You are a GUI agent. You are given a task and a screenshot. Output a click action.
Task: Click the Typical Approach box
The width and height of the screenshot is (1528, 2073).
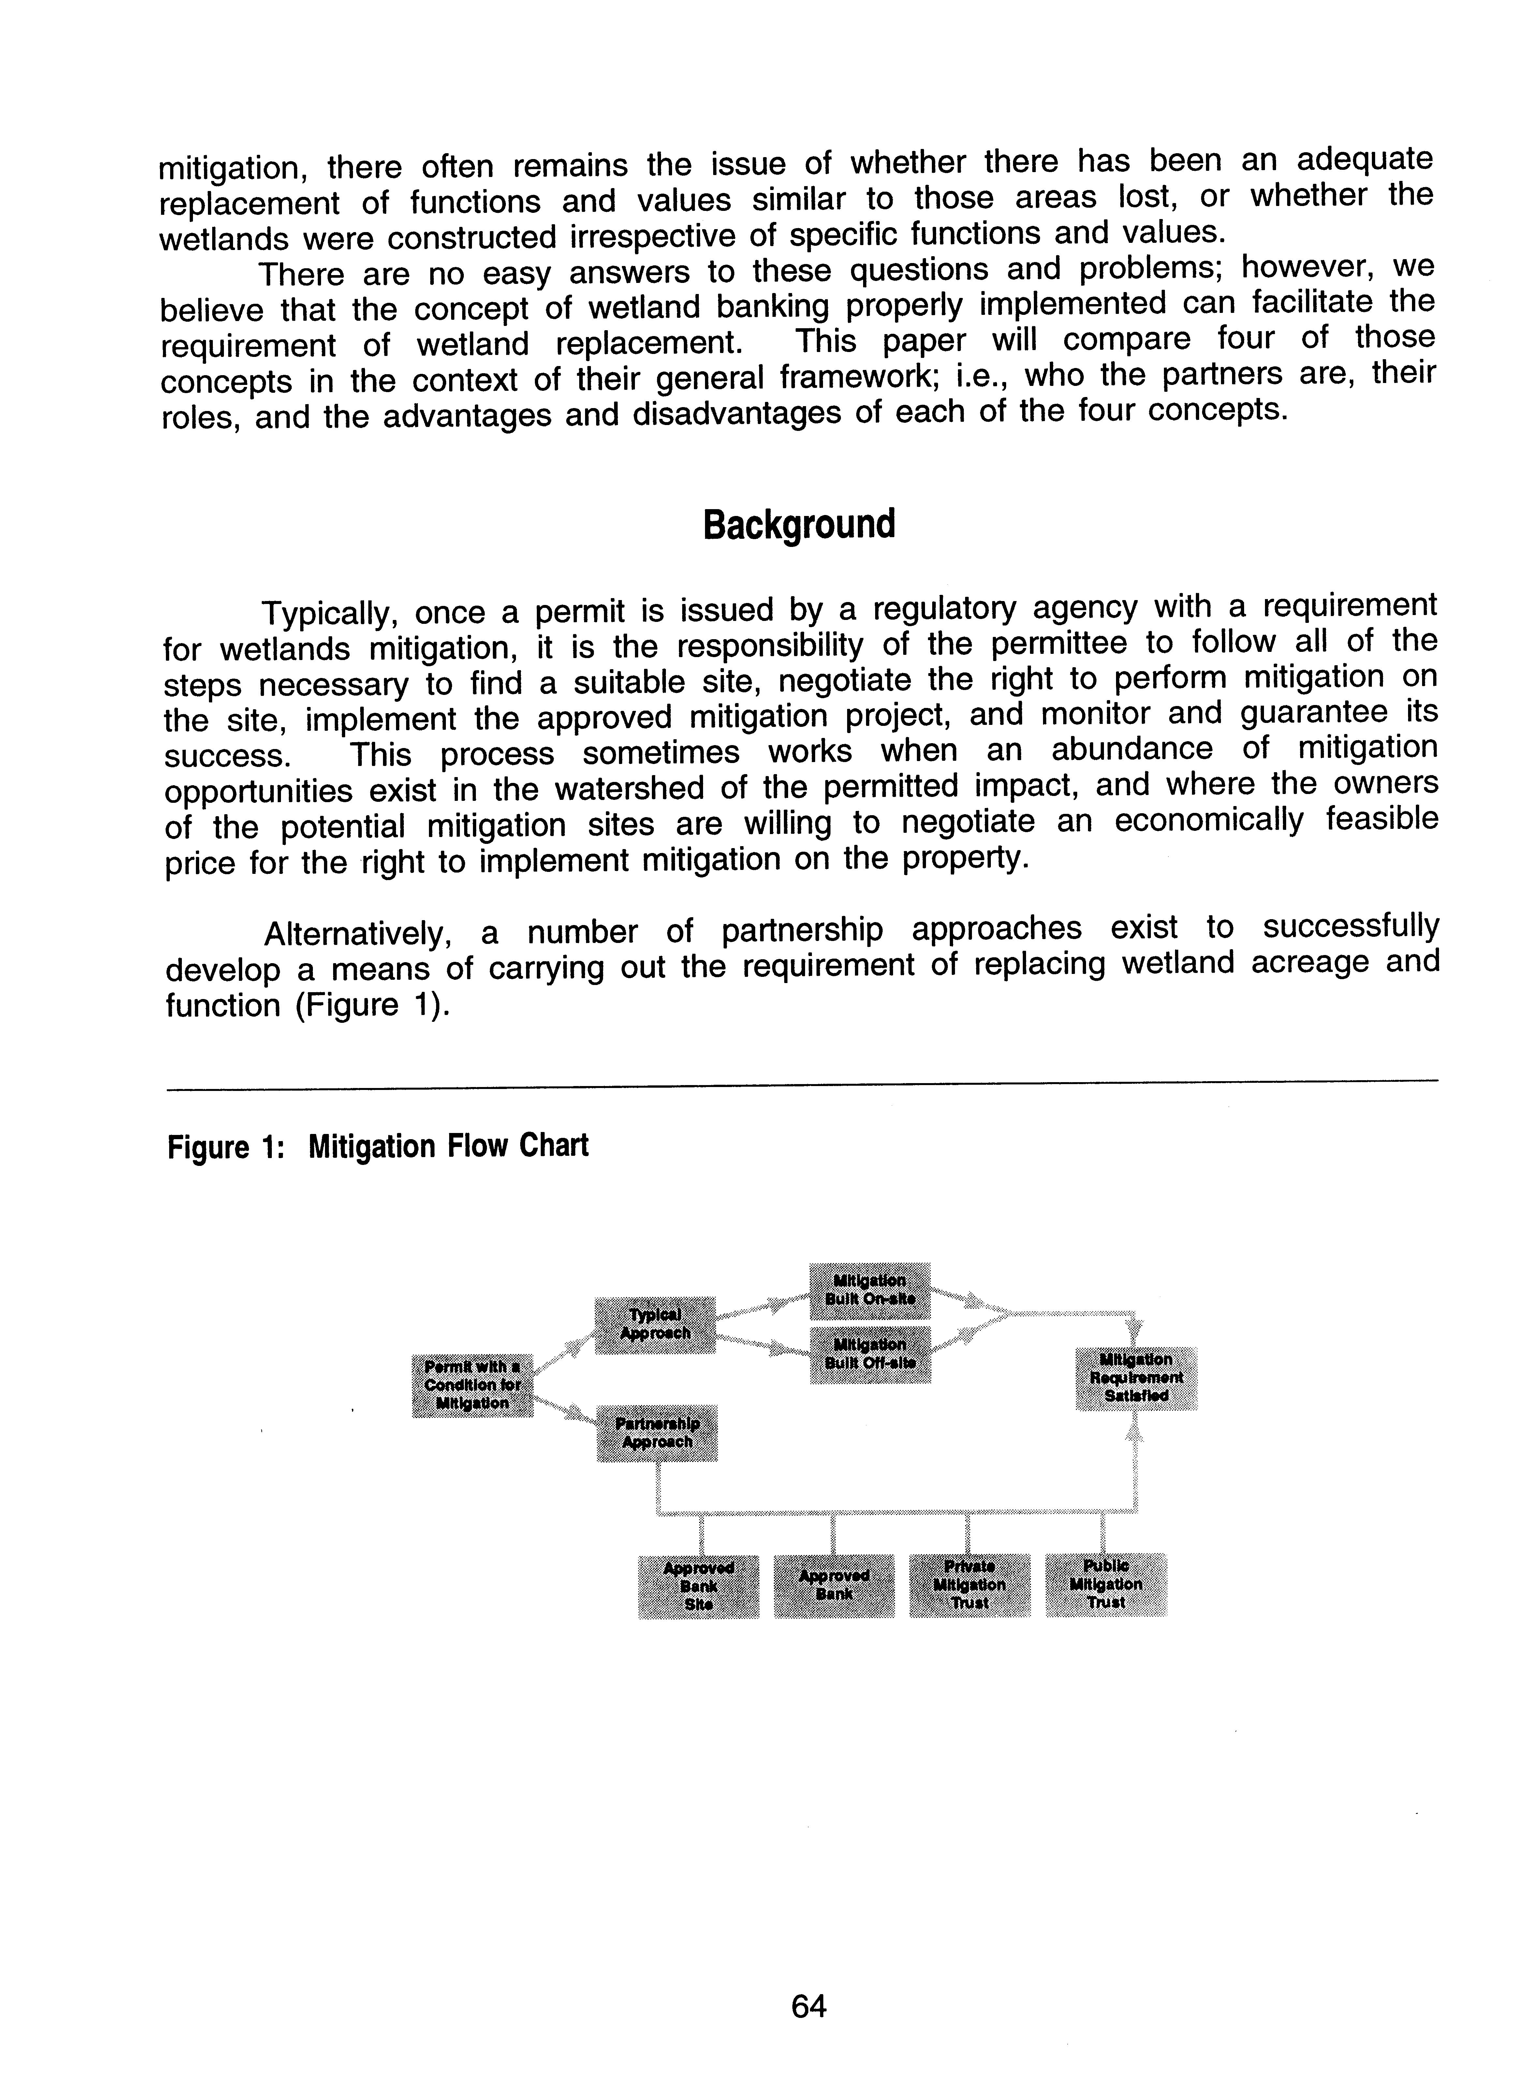(654, 1325)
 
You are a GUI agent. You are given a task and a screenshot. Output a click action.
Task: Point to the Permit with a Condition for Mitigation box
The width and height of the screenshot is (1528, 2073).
(472, 1385)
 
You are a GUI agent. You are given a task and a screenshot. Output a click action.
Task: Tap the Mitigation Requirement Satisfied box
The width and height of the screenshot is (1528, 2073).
(1136, 1378)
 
